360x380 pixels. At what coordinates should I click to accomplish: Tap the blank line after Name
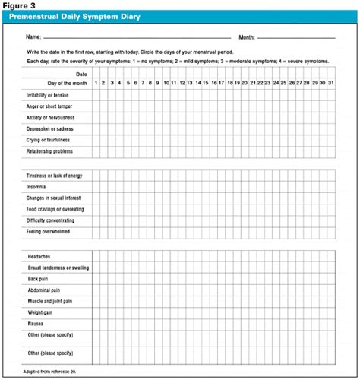(137, 36)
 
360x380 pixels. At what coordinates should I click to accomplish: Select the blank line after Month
(296, 36)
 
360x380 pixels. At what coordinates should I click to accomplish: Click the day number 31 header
(330, 82)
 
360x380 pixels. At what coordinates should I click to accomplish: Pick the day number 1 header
(96, 82)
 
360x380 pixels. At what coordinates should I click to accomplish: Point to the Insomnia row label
(36, 186)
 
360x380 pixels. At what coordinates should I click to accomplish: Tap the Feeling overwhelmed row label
(52, 231)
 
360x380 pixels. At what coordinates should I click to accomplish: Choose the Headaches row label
(39, 257)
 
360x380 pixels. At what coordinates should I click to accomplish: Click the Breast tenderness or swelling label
(58, 268)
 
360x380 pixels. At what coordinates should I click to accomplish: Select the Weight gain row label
(41, 312)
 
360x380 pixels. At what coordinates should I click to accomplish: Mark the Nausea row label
(36, 322)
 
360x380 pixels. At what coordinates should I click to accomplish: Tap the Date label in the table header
(82, 73)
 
